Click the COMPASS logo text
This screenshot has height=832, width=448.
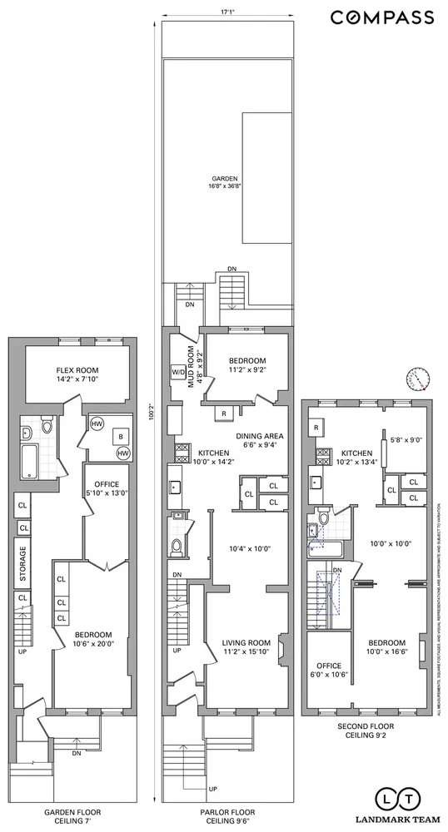click(x=382, y=17)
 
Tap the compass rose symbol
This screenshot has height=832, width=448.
click(x=418, y=379)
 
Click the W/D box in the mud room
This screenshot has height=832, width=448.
click(x=178, y=372)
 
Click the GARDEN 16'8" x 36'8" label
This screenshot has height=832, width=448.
click(x=225, y=182)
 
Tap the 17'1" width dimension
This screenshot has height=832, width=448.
click(x=227, y=12)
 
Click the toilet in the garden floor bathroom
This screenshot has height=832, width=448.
click(x=47, y=428)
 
